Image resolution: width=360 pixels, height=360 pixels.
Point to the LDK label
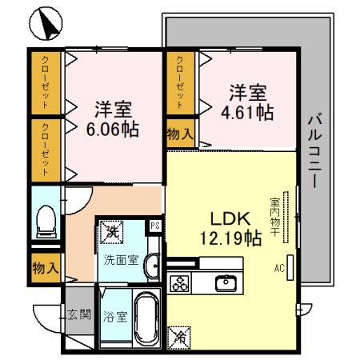(232, 218)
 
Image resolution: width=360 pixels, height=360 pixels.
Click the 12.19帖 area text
(233, 237)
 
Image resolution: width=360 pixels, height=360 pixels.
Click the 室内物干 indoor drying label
(274, 215)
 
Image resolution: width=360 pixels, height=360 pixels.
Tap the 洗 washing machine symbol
(112, 232)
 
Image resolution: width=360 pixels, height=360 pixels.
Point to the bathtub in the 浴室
(146, 317)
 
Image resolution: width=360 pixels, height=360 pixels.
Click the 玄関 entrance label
(78, 313)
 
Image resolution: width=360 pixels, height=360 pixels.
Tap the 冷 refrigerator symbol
(181, 337)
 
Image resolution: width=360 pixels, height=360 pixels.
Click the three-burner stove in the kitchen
(180, 283)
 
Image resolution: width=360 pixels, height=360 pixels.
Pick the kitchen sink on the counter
(226, 282)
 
